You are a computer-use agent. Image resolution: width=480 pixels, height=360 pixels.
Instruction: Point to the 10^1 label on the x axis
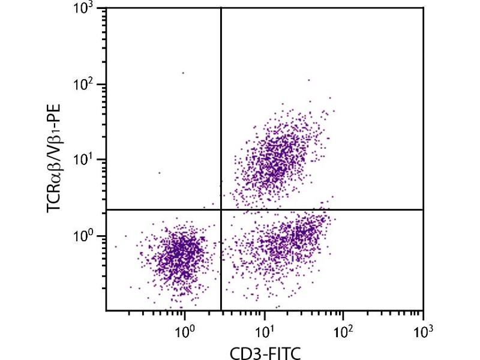tap(264, 329)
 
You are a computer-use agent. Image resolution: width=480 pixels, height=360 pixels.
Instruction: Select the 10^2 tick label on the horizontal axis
tap(343, 329)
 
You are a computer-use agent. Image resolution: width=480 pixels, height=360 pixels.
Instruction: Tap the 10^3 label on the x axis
tap(422, 329)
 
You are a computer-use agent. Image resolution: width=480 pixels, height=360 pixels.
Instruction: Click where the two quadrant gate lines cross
tap(221, 209)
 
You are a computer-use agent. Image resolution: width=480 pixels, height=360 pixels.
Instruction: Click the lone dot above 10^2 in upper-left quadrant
tap(183, 73)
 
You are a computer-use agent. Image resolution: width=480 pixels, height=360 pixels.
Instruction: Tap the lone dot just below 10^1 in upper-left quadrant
tap(160, 173)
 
